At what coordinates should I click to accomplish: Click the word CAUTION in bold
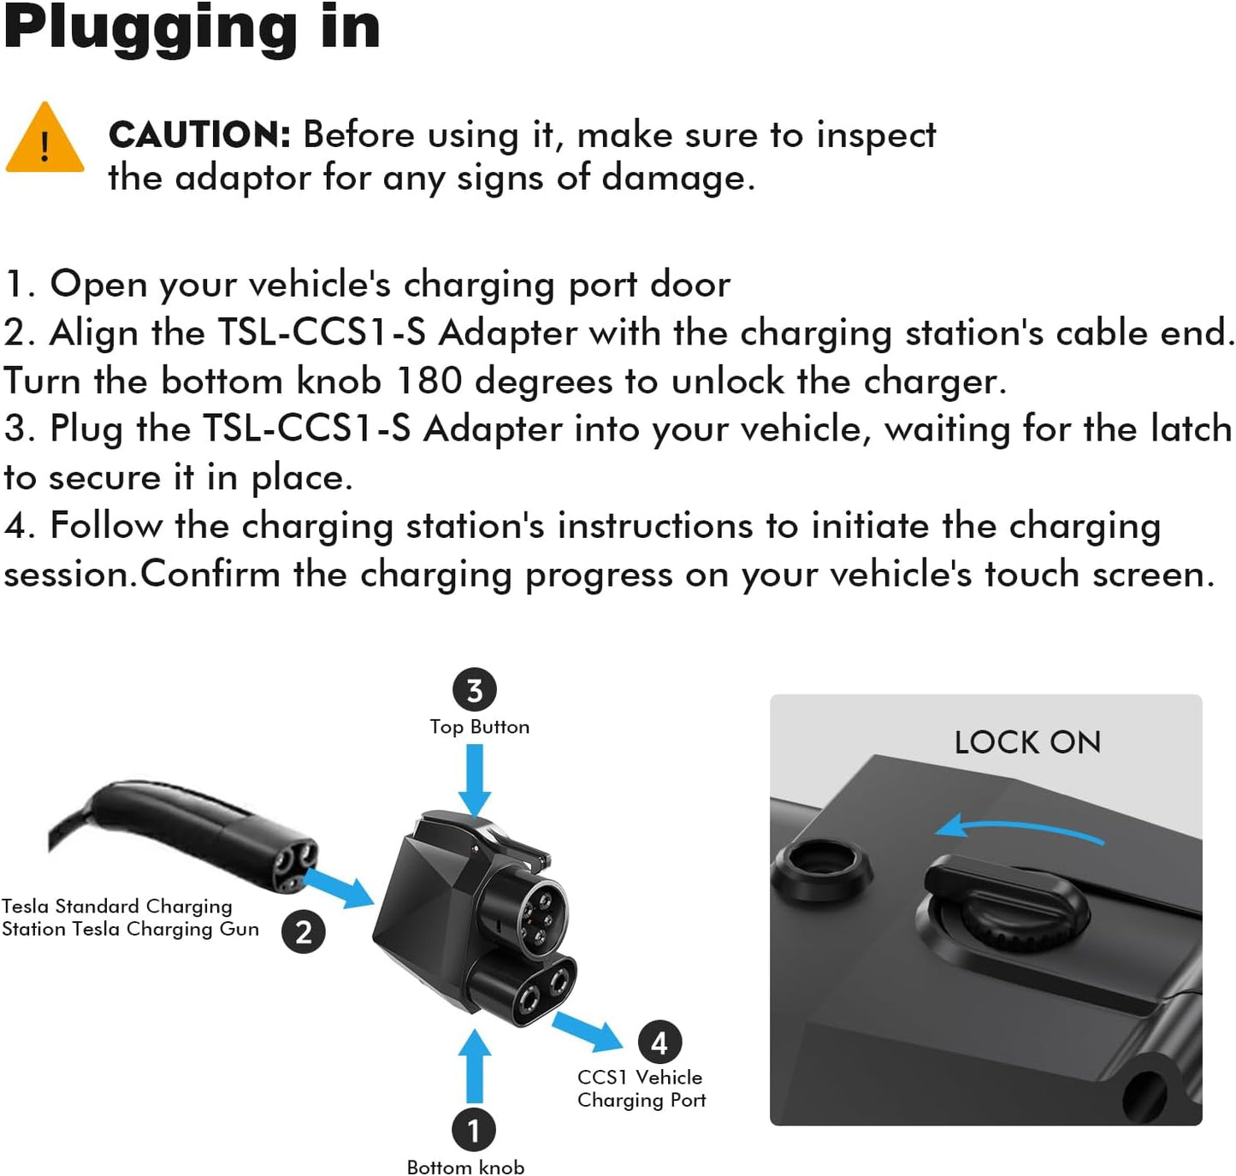[199, 135]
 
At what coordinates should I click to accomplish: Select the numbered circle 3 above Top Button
[474, 689]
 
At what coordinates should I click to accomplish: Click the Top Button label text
[479, 727]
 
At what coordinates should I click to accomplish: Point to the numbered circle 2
[304, 931]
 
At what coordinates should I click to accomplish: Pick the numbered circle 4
[659, 1042]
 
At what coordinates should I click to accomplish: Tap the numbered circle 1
[473, 1130]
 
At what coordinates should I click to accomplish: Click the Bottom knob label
[465, 1167]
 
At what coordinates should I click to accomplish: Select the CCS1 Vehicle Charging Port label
[641, 1089]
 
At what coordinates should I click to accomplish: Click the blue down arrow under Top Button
[475, 778]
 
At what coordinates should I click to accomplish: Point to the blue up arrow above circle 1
[474, 1066]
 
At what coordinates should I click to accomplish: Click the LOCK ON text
[1026, 742]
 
